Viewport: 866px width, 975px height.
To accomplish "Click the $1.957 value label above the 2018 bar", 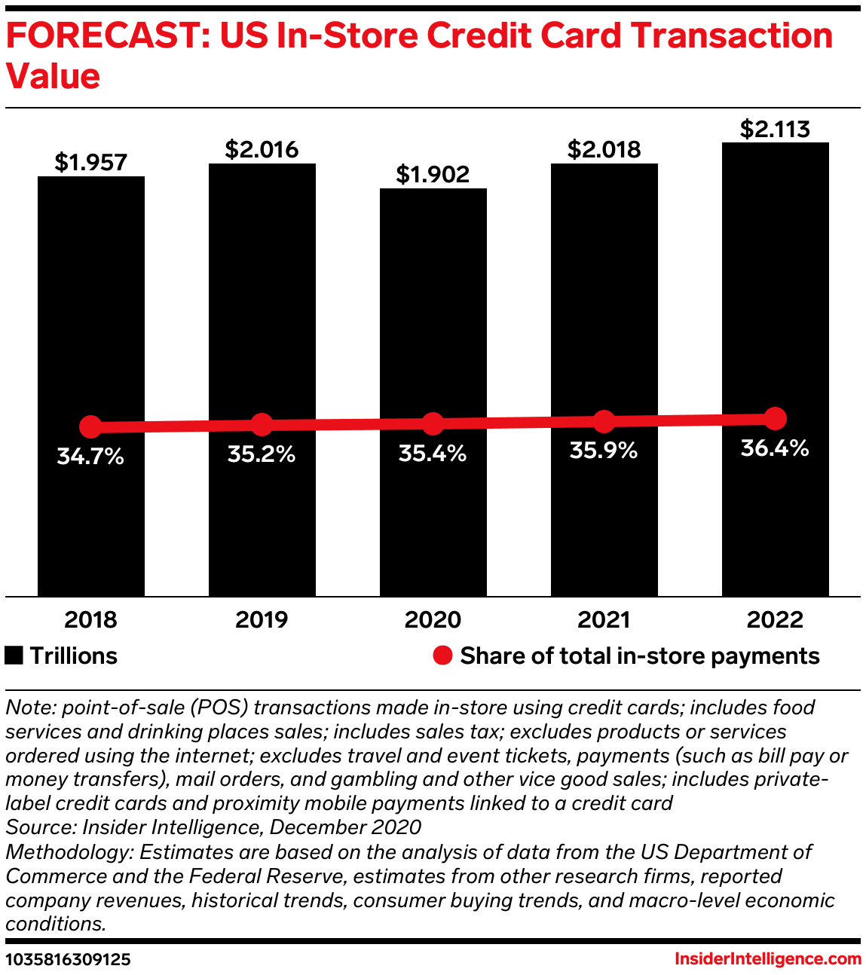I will tap(91, 162).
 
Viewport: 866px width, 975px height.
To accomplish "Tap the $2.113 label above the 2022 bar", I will tap(775, 129).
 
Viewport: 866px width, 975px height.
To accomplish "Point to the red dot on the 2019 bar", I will tap(262, 424).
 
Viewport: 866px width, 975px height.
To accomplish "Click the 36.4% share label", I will tap(775, 448).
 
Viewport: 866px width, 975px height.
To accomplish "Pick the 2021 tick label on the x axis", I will tap(604, 619).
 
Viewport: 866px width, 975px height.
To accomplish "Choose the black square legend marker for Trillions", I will tap(14, 656).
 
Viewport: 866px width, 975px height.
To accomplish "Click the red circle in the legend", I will tap(442, 656).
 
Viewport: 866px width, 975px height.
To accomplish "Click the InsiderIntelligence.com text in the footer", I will tap(767, 959).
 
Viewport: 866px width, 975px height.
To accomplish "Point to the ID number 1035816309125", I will tap(68, 959).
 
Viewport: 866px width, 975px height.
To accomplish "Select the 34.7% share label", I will tap(90, 456).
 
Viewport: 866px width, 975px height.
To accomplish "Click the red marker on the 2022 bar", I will tap(775, 418).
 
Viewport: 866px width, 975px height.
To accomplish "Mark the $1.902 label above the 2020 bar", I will tap(433, 174).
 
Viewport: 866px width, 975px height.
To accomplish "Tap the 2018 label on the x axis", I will tap(90, 619).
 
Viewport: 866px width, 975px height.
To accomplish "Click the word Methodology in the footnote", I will tap(67, 852).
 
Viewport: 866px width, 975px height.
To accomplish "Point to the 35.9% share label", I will tap(604, 451).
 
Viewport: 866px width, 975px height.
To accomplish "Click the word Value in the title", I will tap(53, 76).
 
